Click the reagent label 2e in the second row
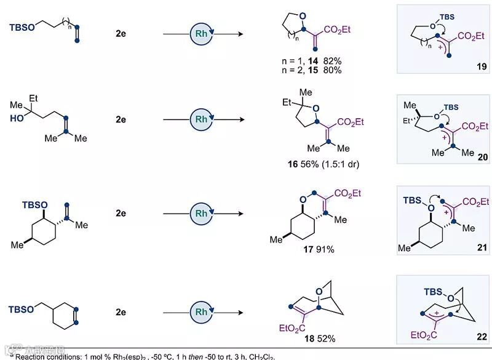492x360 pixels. click(120, 119)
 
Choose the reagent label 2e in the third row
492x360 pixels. click(120, 214)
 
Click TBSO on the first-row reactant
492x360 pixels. click(23, 26)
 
